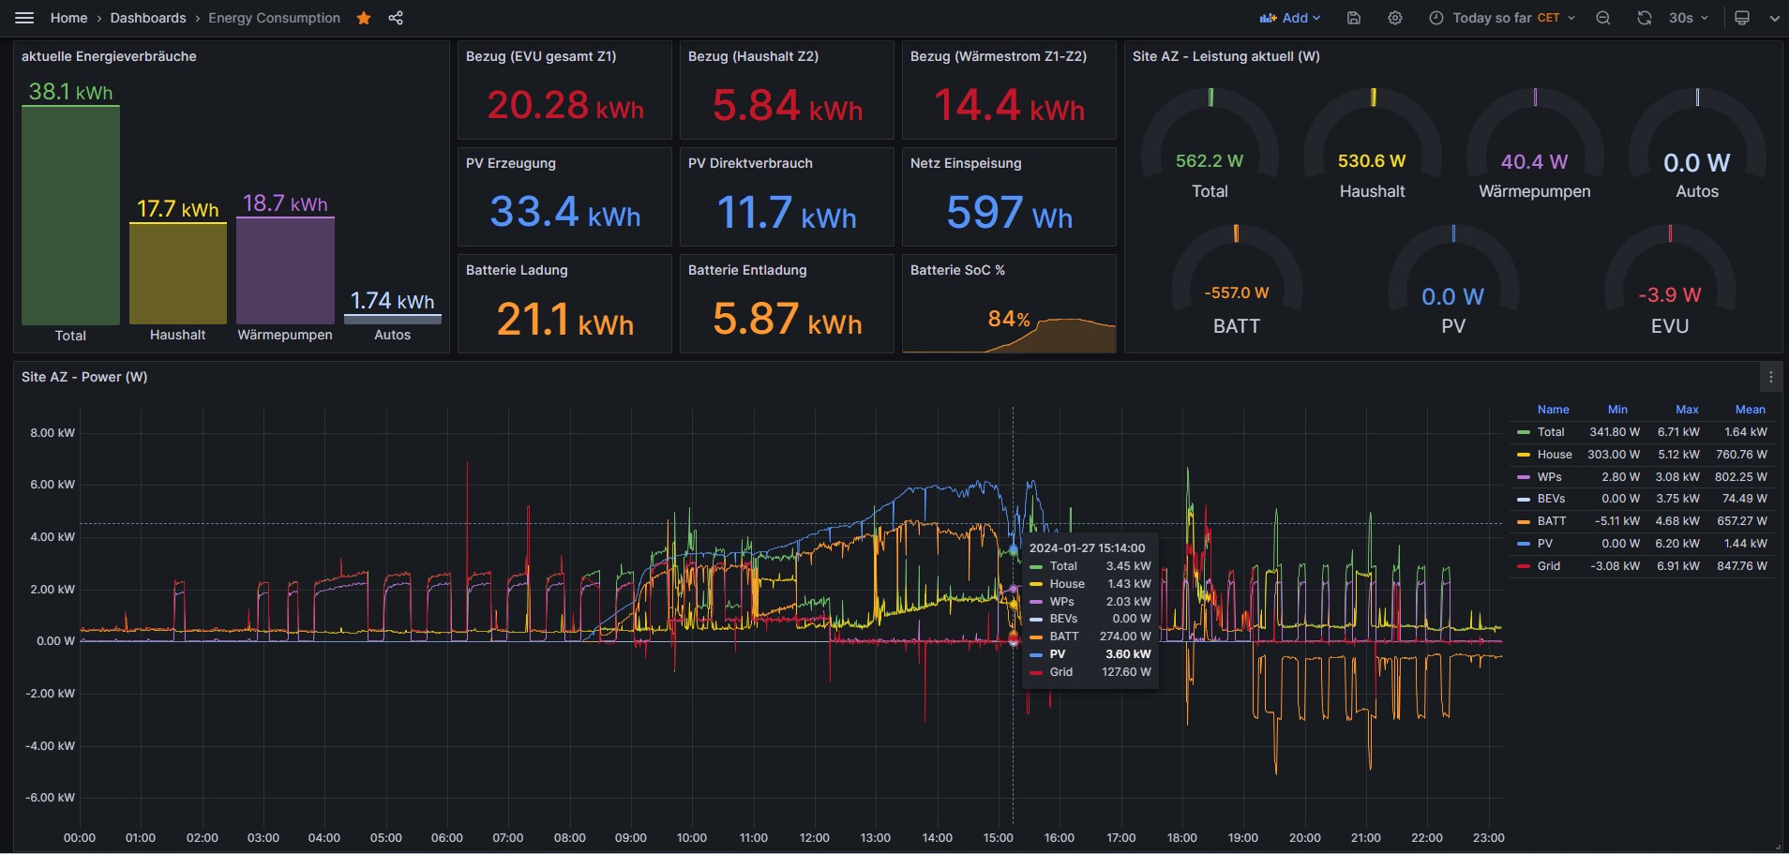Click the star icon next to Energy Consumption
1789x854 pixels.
coord(364,18)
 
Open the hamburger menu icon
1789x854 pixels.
coord(25,18)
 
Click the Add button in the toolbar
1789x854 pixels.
coord(1290,18)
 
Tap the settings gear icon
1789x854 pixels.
coord(1395,18)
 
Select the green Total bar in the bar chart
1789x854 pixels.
coord(70,216)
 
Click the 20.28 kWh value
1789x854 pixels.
coord(565,105)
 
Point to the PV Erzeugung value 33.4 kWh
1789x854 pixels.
coord(564,212)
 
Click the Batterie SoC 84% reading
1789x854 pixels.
coord(1009,320)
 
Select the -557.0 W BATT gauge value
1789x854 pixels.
coord(1237,292)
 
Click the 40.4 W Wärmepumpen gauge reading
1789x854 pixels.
coord(1534,162)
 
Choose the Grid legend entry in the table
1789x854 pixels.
coord(1549,566)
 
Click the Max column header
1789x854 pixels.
coord(1687,410)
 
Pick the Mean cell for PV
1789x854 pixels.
coord(1745,544)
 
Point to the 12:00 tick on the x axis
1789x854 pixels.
coord(814,838)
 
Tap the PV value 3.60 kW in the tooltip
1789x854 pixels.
coord(1128,654)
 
